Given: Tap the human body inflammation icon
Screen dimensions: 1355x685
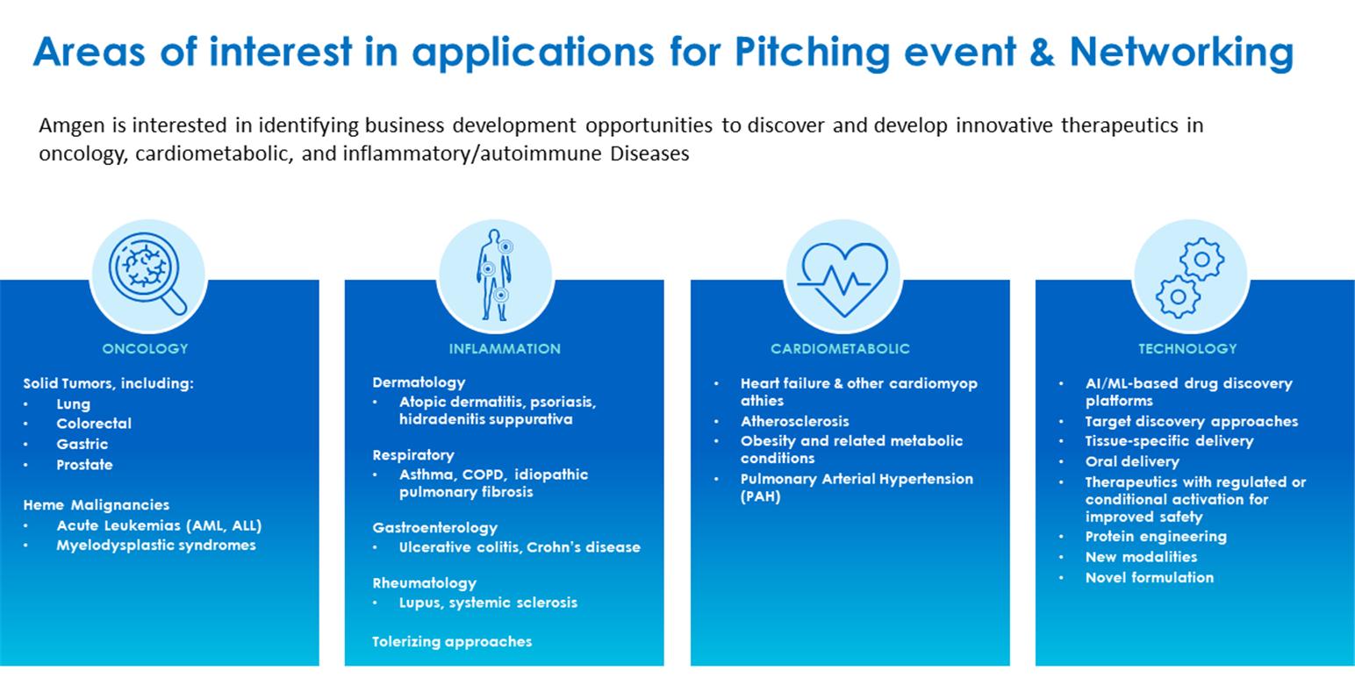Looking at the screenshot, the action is click(x=496, y=275).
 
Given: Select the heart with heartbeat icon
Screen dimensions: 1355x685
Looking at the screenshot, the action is click(x=842, y=279).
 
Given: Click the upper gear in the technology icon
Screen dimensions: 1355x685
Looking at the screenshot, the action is click(x=1202, y=259).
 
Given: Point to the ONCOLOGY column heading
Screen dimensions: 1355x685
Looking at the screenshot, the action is click(x=145, y=349).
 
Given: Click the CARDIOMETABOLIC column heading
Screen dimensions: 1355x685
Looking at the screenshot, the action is click(x=840, y=349).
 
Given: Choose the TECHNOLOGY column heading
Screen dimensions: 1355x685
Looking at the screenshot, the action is click(x=1187, y=349).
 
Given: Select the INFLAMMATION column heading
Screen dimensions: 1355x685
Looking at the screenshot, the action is click(x=505, y=349).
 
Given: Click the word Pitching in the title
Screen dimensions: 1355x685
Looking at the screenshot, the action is click(x=812, y=53).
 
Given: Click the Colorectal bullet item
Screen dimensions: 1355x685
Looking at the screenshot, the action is click(x=94, y=424).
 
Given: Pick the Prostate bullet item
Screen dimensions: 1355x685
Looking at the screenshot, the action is click(x=84, y=464).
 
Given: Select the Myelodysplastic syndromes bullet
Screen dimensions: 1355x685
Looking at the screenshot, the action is click(x=156, y=546).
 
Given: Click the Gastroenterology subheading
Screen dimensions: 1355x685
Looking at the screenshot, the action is click(x=435, y=528).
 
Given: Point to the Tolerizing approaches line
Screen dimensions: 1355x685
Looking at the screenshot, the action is click(x=452, y=641).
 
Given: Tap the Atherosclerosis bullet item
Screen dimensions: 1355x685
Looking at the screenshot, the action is click(x=795, y=421).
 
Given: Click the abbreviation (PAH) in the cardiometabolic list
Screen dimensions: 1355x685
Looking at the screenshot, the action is click(x=760, y=496).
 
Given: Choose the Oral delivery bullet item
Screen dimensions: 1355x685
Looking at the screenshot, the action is click(x=1132, y=462).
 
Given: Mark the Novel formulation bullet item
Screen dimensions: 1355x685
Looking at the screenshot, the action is click(x=1150, y=577).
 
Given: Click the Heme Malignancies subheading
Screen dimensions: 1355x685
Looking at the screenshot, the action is click(x=97, y=505).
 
